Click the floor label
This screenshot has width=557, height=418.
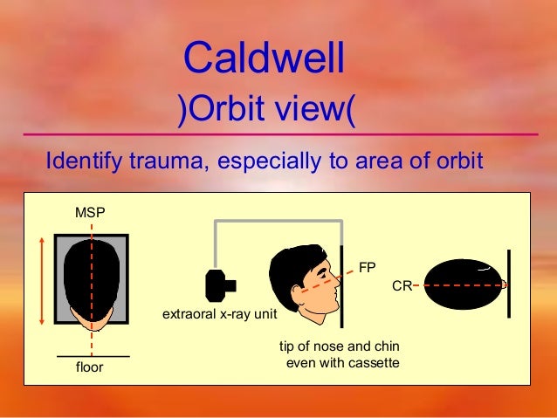click(89, 367)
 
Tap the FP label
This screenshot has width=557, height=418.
click(368, 266)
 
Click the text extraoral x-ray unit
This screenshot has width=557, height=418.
click(215, 314)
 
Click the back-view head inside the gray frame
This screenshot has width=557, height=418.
click(92, 278)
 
